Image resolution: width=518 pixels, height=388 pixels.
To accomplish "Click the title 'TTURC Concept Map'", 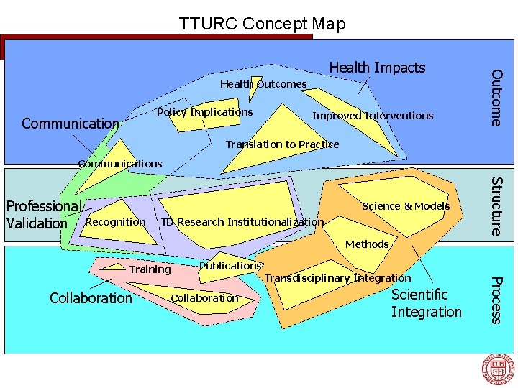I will point(263,24).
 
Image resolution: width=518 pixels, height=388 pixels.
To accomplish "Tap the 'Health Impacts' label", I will point(377,68).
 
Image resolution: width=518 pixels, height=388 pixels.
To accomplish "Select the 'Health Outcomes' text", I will point(263,84).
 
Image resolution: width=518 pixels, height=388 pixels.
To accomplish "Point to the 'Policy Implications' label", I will point(205,112).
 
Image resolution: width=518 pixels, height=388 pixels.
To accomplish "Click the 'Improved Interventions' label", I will point(373,116).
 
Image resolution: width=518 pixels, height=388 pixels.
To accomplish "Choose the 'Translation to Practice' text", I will point(282,144).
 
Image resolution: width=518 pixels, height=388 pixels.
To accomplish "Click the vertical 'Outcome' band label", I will point(496,96).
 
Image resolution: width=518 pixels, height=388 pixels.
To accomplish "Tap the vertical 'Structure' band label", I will point(496,205).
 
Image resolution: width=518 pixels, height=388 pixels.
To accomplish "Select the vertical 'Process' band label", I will point(496,300).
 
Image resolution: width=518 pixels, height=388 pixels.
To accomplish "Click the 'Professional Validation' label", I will point(43,215).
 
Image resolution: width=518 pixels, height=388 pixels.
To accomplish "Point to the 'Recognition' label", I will point(115,222).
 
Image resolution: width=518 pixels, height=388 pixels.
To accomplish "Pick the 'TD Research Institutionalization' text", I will point(242,222).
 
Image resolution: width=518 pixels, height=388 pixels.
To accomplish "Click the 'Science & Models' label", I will point(406,206).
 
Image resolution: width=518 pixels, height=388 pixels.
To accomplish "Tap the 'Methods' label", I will point(367,244).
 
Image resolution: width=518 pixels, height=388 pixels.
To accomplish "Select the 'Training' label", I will point(150,269).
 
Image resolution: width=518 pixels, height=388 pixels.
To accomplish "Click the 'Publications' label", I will point(230,266).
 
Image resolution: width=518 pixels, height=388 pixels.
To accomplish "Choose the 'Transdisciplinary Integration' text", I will point(338,278).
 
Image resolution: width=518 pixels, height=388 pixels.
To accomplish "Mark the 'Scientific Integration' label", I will point(426,303).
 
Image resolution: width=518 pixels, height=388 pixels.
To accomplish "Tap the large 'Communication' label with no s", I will point(71,124).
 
